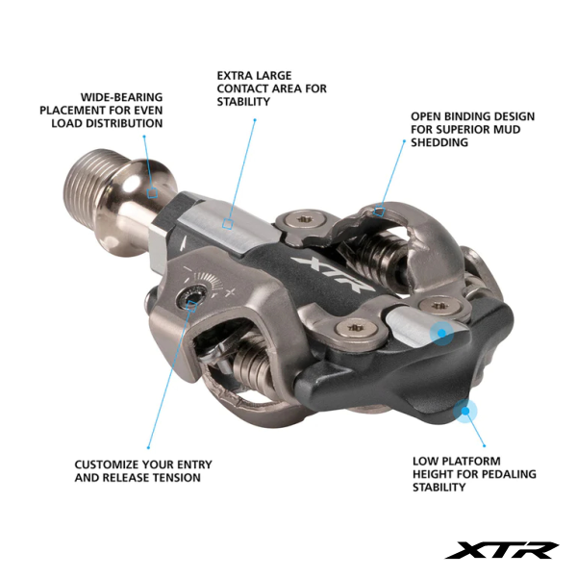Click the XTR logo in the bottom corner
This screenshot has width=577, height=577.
(502, 550)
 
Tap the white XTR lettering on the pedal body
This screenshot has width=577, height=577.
(333, 274)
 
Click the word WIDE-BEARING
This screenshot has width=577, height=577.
(121, 97)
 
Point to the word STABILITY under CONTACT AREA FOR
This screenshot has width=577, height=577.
(243, 102)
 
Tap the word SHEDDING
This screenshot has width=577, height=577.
(439, 142)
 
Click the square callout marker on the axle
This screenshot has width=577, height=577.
(152, 192)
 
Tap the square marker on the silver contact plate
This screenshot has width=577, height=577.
(228, 223)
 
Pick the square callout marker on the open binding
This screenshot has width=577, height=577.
(379, 212)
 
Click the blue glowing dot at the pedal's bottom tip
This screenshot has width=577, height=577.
(465, 411)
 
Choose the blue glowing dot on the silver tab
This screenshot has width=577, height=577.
(442, 333)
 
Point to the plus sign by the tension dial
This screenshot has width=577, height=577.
(230, 293)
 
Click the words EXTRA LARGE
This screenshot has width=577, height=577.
(254, 76)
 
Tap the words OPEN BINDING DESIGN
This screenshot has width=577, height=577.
(472, 116)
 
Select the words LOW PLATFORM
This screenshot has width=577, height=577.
(456, 461)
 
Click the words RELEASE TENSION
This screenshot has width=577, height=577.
(152, 478)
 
